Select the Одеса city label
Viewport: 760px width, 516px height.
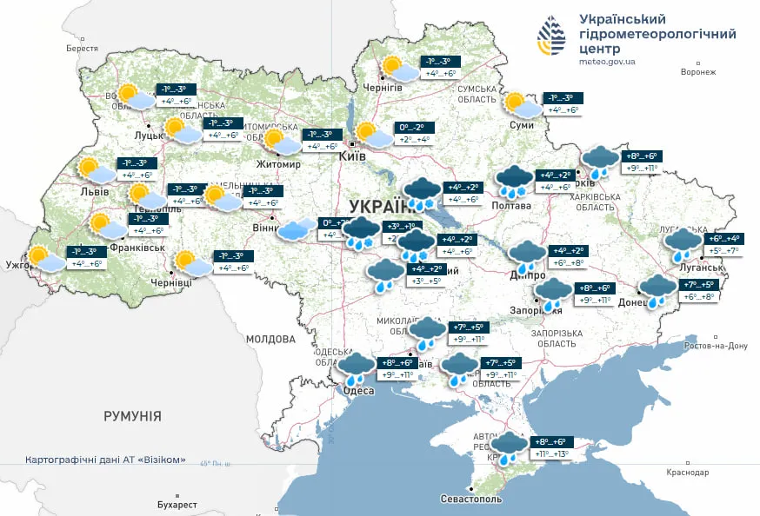pos(358,391)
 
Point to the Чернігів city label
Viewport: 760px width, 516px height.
pos(383,88)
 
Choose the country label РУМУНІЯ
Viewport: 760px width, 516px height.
pos(132,417)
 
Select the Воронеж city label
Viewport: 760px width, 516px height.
pos(698,72)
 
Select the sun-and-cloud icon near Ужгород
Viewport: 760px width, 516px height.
pos(46,258)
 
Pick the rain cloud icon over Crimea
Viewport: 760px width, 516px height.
pos(510,447)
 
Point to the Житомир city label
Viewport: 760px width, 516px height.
pos(277,164)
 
